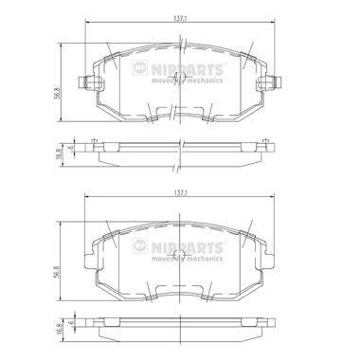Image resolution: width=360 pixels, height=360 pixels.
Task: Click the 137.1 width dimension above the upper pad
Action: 180,17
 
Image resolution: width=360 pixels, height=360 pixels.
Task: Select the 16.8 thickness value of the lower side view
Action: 56,325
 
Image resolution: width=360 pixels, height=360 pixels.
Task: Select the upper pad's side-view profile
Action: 180,148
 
